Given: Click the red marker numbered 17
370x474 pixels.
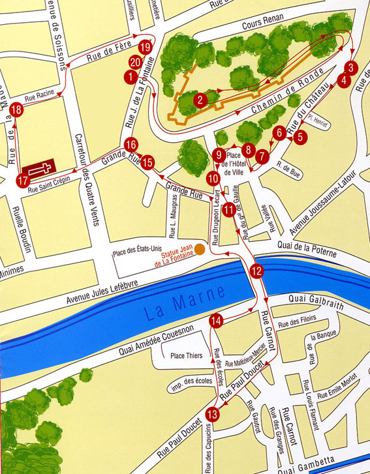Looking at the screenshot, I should coord(23,180).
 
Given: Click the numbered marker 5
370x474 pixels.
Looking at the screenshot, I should coord(299,137).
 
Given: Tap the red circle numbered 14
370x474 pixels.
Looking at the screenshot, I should coord(217,319).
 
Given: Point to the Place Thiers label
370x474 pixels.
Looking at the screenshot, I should coord(185,356).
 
